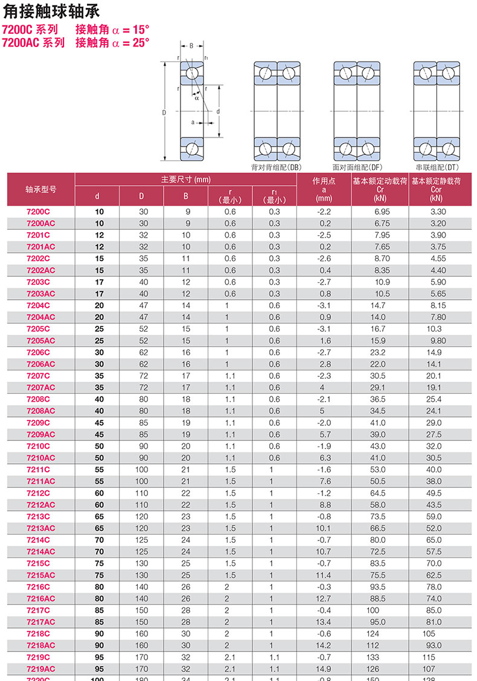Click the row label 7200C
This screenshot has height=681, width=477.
[x=39, y=212]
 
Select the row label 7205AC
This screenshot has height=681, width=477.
[x=41, y=341]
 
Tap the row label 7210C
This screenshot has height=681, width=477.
[x=39, y=446]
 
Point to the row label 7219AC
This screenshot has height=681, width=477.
[x=41, y=668]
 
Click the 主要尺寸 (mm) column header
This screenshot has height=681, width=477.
[x=185, y=179]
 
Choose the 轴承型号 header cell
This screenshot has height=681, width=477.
[x=41, y=189]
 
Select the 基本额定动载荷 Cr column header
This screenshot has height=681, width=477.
[x=380, y=189]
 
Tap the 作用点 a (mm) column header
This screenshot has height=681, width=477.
[x=324, y=189]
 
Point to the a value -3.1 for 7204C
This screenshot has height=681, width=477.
[x=324, y=306]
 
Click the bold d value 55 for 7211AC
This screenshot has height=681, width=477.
[x=99, y=481]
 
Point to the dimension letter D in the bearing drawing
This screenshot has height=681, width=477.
[x=164, y=112]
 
